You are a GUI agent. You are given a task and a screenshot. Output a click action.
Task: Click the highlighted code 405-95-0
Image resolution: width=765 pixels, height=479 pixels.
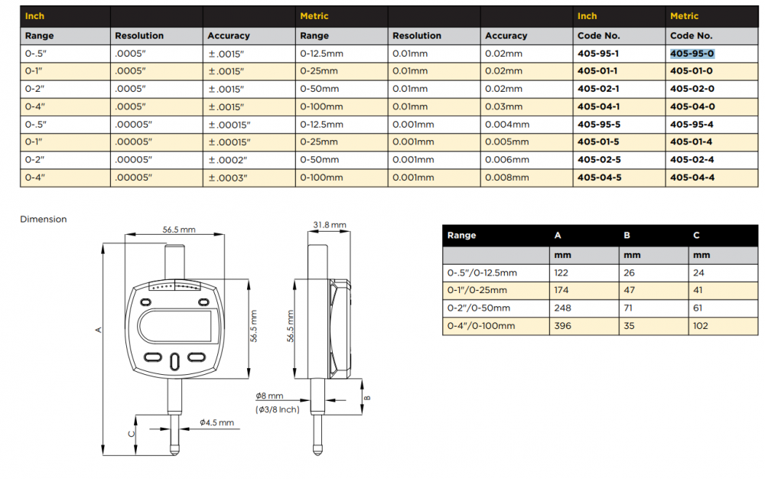point(692,54)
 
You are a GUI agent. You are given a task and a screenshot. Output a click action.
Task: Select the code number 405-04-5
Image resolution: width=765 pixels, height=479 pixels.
point(599,178)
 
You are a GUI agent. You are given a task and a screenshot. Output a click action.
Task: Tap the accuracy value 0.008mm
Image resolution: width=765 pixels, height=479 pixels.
point(506,178)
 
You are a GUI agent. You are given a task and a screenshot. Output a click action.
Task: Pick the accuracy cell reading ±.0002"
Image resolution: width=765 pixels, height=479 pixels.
point(228,160)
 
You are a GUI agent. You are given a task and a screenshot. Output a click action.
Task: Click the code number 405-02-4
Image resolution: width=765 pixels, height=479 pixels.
point(692,159)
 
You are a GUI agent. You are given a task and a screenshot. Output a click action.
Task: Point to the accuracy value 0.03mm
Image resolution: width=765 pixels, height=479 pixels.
point(503,106)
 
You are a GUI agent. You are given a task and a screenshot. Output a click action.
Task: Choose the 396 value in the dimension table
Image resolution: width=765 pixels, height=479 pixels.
point(562,326)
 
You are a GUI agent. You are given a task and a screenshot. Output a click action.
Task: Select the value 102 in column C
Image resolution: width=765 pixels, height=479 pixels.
point(700,326)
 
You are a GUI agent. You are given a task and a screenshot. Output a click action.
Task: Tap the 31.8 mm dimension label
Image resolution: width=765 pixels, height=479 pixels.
point(329,225)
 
